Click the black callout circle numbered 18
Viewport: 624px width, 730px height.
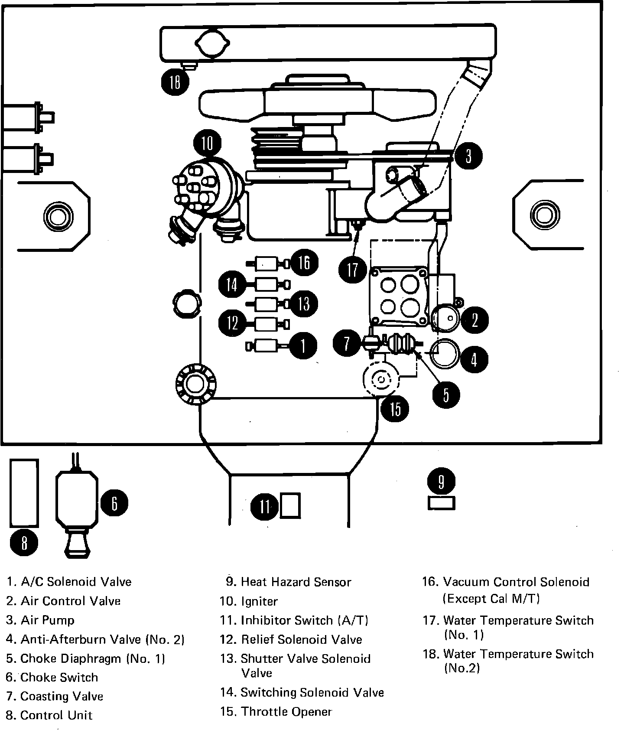[x=175, y=81]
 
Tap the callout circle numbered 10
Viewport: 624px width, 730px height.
[x=208, y=143]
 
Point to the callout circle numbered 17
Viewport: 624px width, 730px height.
[x=353, y=269]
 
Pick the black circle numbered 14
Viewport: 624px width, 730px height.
[x=232, y=284]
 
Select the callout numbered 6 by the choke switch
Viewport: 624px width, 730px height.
[x=114, y=503]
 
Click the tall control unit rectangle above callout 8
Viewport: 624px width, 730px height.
[x=24, y=493]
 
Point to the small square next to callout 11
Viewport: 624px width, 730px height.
[x=290, y=505]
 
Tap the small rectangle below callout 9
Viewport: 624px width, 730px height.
[x=441, y=503]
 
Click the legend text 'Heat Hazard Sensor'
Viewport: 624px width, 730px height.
[x=296, y=582]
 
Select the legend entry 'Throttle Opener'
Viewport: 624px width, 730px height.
[x=286, y=712]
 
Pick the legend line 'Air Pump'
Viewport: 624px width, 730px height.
[x=48, y=620]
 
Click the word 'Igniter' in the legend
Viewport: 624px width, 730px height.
[x=259, y=601]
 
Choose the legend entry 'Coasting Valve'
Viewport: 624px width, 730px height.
[x=62, y=696]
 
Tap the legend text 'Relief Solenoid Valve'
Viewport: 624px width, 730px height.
[x=301, y=639]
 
